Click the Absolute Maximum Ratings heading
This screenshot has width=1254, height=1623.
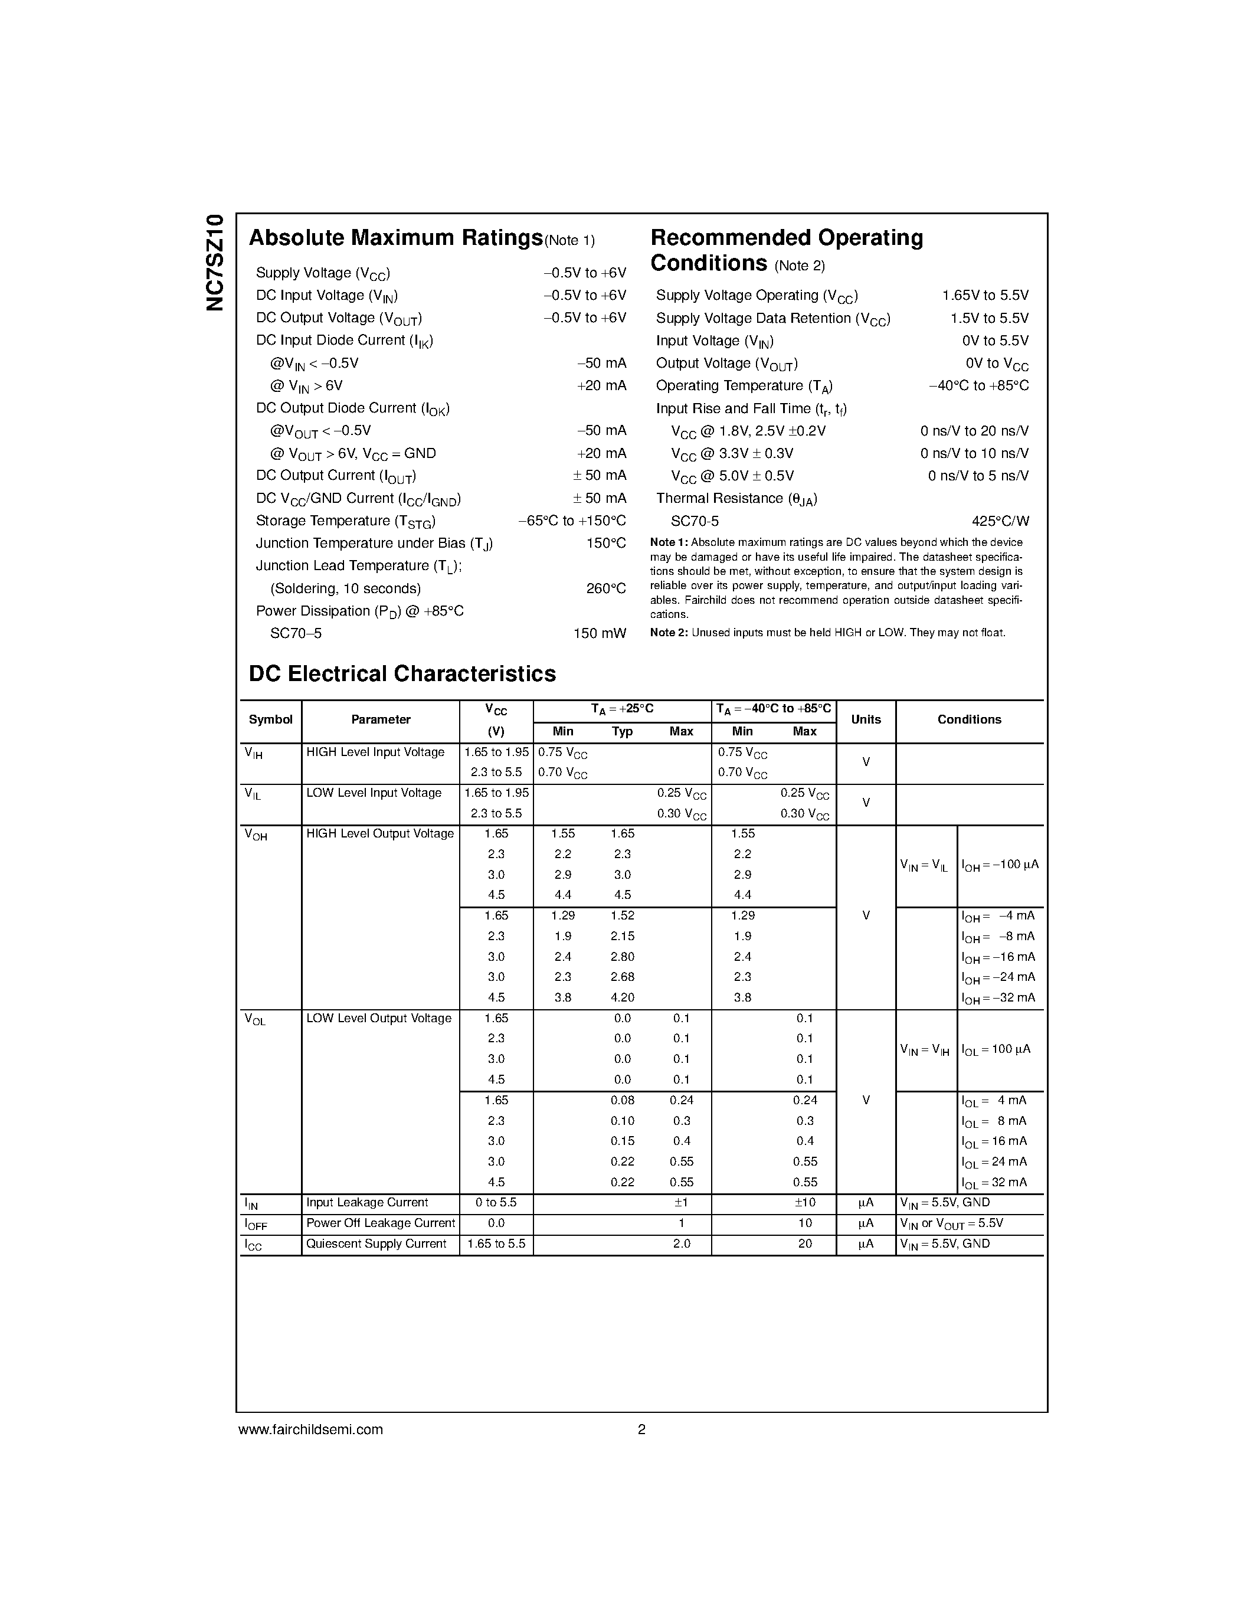tap(395, 238)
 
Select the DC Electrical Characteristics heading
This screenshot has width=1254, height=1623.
tap(402, 674)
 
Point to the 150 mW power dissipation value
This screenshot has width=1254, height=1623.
tap(599, 634)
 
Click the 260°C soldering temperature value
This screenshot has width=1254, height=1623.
tap(605, 588)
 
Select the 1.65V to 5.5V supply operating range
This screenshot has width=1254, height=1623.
tap(985, 296)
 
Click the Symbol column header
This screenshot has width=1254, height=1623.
tap(270, 719)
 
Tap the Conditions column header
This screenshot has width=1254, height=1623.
tap(969, 719)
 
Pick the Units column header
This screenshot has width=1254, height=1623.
tap(866, 719)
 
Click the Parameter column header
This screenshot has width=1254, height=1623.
tap(381, 719)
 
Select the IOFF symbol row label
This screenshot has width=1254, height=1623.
tap(256, 1224)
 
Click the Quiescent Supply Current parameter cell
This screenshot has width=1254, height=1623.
tap(376, 1244)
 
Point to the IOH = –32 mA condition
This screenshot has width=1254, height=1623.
tap(998, 998)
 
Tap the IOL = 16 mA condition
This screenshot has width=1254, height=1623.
tap(994, 1141)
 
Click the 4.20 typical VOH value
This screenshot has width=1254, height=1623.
tap(622, 998)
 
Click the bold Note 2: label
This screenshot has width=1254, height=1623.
tap(669, 633)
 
